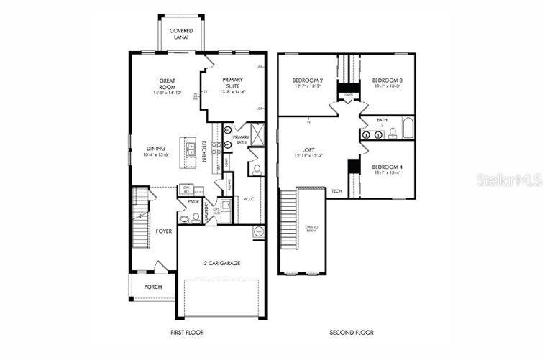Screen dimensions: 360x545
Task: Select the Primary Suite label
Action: [x=234, y=83]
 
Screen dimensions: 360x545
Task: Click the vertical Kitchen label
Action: [x=204, y=151]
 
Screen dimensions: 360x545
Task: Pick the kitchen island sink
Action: [x=192, y=150]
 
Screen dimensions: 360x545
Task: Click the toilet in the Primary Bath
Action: [x=256, y=170]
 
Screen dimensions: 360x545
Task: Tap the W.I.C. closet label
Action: [x=249, y=198]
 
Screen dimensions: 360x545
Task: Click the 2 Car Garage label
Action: [x=221, y=263]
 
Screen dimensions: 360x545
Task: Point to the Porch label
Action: [x=152, y=287]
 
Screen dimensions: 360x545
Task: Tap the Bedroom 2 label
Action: [x=307, y=80]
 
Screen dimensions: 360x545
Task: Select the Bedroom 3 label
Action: [x=387, y=80]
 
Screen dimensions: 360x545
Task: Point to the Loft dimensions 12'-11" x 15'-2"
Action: [x=308, y=155]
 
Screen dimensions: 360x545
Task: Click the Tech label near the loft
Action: [x=336, y=190]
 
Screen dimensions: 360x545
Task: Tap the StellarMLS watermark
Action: [x=509, y=180]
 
